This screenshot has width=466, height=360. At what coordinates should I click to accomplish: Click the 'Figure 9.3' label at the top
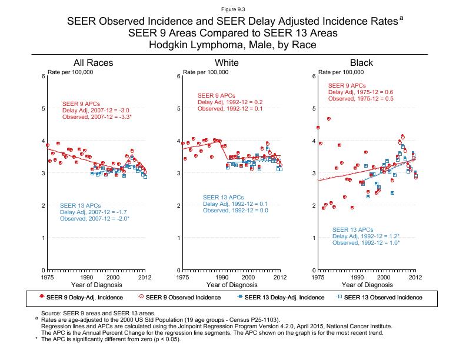pyautogui.click(x=232, y=9)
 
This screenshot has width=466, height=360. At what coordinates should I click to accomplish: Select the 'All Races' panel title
pyautogui.click(x=93, y=63)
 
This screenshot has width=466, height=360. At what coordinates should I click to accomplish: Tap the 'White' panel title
pyautogui.click(x=227, y=63)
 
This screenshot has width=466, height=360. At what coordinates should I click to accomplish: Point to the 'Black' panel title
pyautogui.click(x=361, y=63)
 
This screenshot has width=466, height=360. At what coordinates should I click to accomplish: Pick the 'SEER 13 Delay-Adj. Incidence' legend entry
pyautogui.click(x=280, y=298)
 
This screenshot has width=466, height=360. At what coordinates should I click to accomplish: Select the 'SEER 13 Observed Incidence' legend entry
pyautogui.click(x=383, y=298)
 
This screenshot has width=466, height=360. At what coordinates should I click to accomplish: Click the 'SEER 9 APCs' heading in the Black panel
pyautogui.click(x=347, y=86)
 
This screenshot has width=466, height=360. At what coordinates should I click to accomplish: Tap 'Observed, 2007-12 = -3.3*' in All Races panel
pyautogui.click(x=97, y=117)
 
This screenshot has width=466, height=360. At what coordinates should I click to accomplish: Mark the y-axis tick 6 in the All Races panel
pyautogui.click(x=43, y=76)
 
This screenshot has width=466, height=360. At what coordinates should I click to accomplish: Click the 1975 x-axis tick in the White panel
pyautogui.click(x=183, y=276)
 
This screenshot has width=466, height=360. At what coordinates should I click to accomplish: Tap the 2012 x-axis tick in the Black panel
pyautogui.click(x=415, y=276)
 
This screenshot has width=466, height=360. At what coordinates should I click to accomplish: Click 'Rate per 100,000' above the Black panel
pyautogui.click(x=341, y=72)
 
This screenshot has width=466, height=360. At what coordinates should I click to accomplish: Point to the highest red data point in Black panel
pyautogui.click(x=328, y=119)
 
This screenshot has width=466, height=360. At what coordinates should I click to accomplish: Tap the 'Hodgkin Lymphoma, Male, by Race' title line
pyautogui.click(x=232, y=44)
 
